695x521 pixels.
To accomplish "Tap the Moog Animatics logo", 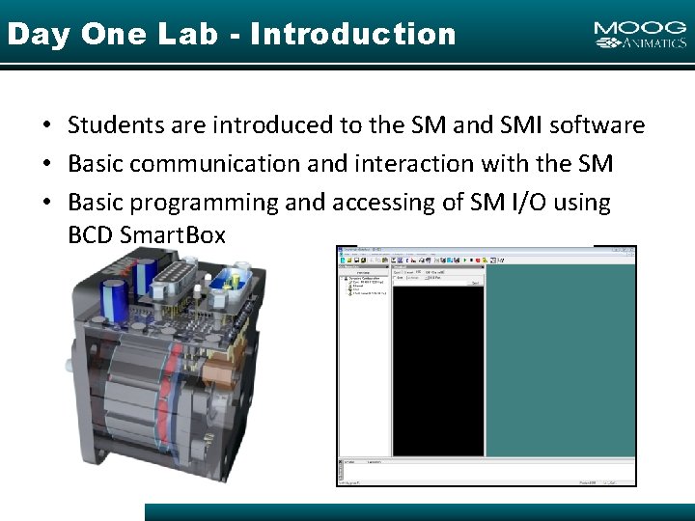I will [x=640, y=35].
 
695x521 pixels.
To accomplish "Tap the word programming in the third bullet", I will [x=197, y=203].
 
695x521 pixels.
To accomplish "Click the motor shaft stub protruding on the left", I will [x=69, y=367].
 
